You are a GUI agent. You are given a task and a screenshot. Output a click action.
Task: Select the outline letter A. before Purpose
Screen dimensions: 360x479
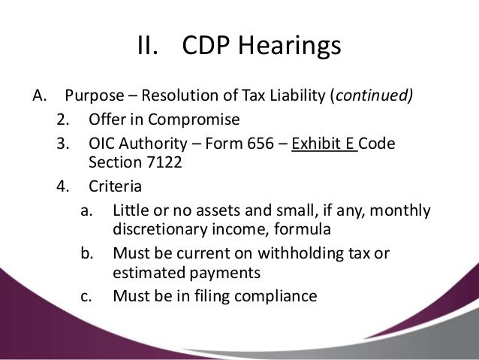(x=41, y=96)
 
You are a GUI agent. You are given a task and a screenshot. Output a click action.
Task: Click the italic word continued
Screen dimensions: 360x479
(x=373, y=97)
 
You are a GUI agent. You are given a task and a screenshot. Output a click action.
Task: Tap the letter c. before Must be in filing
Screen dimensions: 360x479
(x=88, y=295)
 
